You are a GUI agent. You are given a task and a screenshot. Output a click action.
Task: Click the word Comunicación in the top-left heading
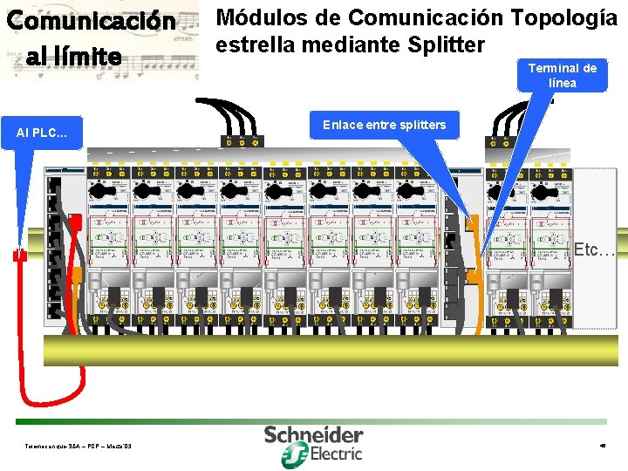pyautogui.click(x=92, y=21)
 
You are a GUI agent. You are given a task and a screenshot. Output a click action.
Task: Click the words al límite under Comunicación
pyautogui.click(x=74, y=57)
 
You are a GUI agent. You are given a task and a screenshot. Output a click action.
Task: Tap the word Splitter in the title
pyautogui.click(x=440, y=44)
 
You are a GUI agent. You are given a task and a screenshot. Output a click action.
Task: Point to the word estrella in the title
pyautogui.click(x=256, y=44)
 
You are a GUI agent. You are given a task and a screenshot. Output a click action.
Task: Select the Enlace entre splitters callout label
pyautogui.click(x=384, y=125)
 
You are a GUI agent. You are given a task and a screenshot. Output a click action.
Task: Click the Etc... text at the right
pyautogui.click(x=595, y=250)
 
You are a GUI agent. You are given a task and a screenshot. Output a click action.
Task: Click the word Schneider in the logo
pyautogui.click(x=314, y=434)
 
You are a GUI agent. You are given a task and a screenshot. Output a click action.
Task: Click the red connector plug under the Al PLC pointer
pyautogui.click(x=19, y=254)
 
